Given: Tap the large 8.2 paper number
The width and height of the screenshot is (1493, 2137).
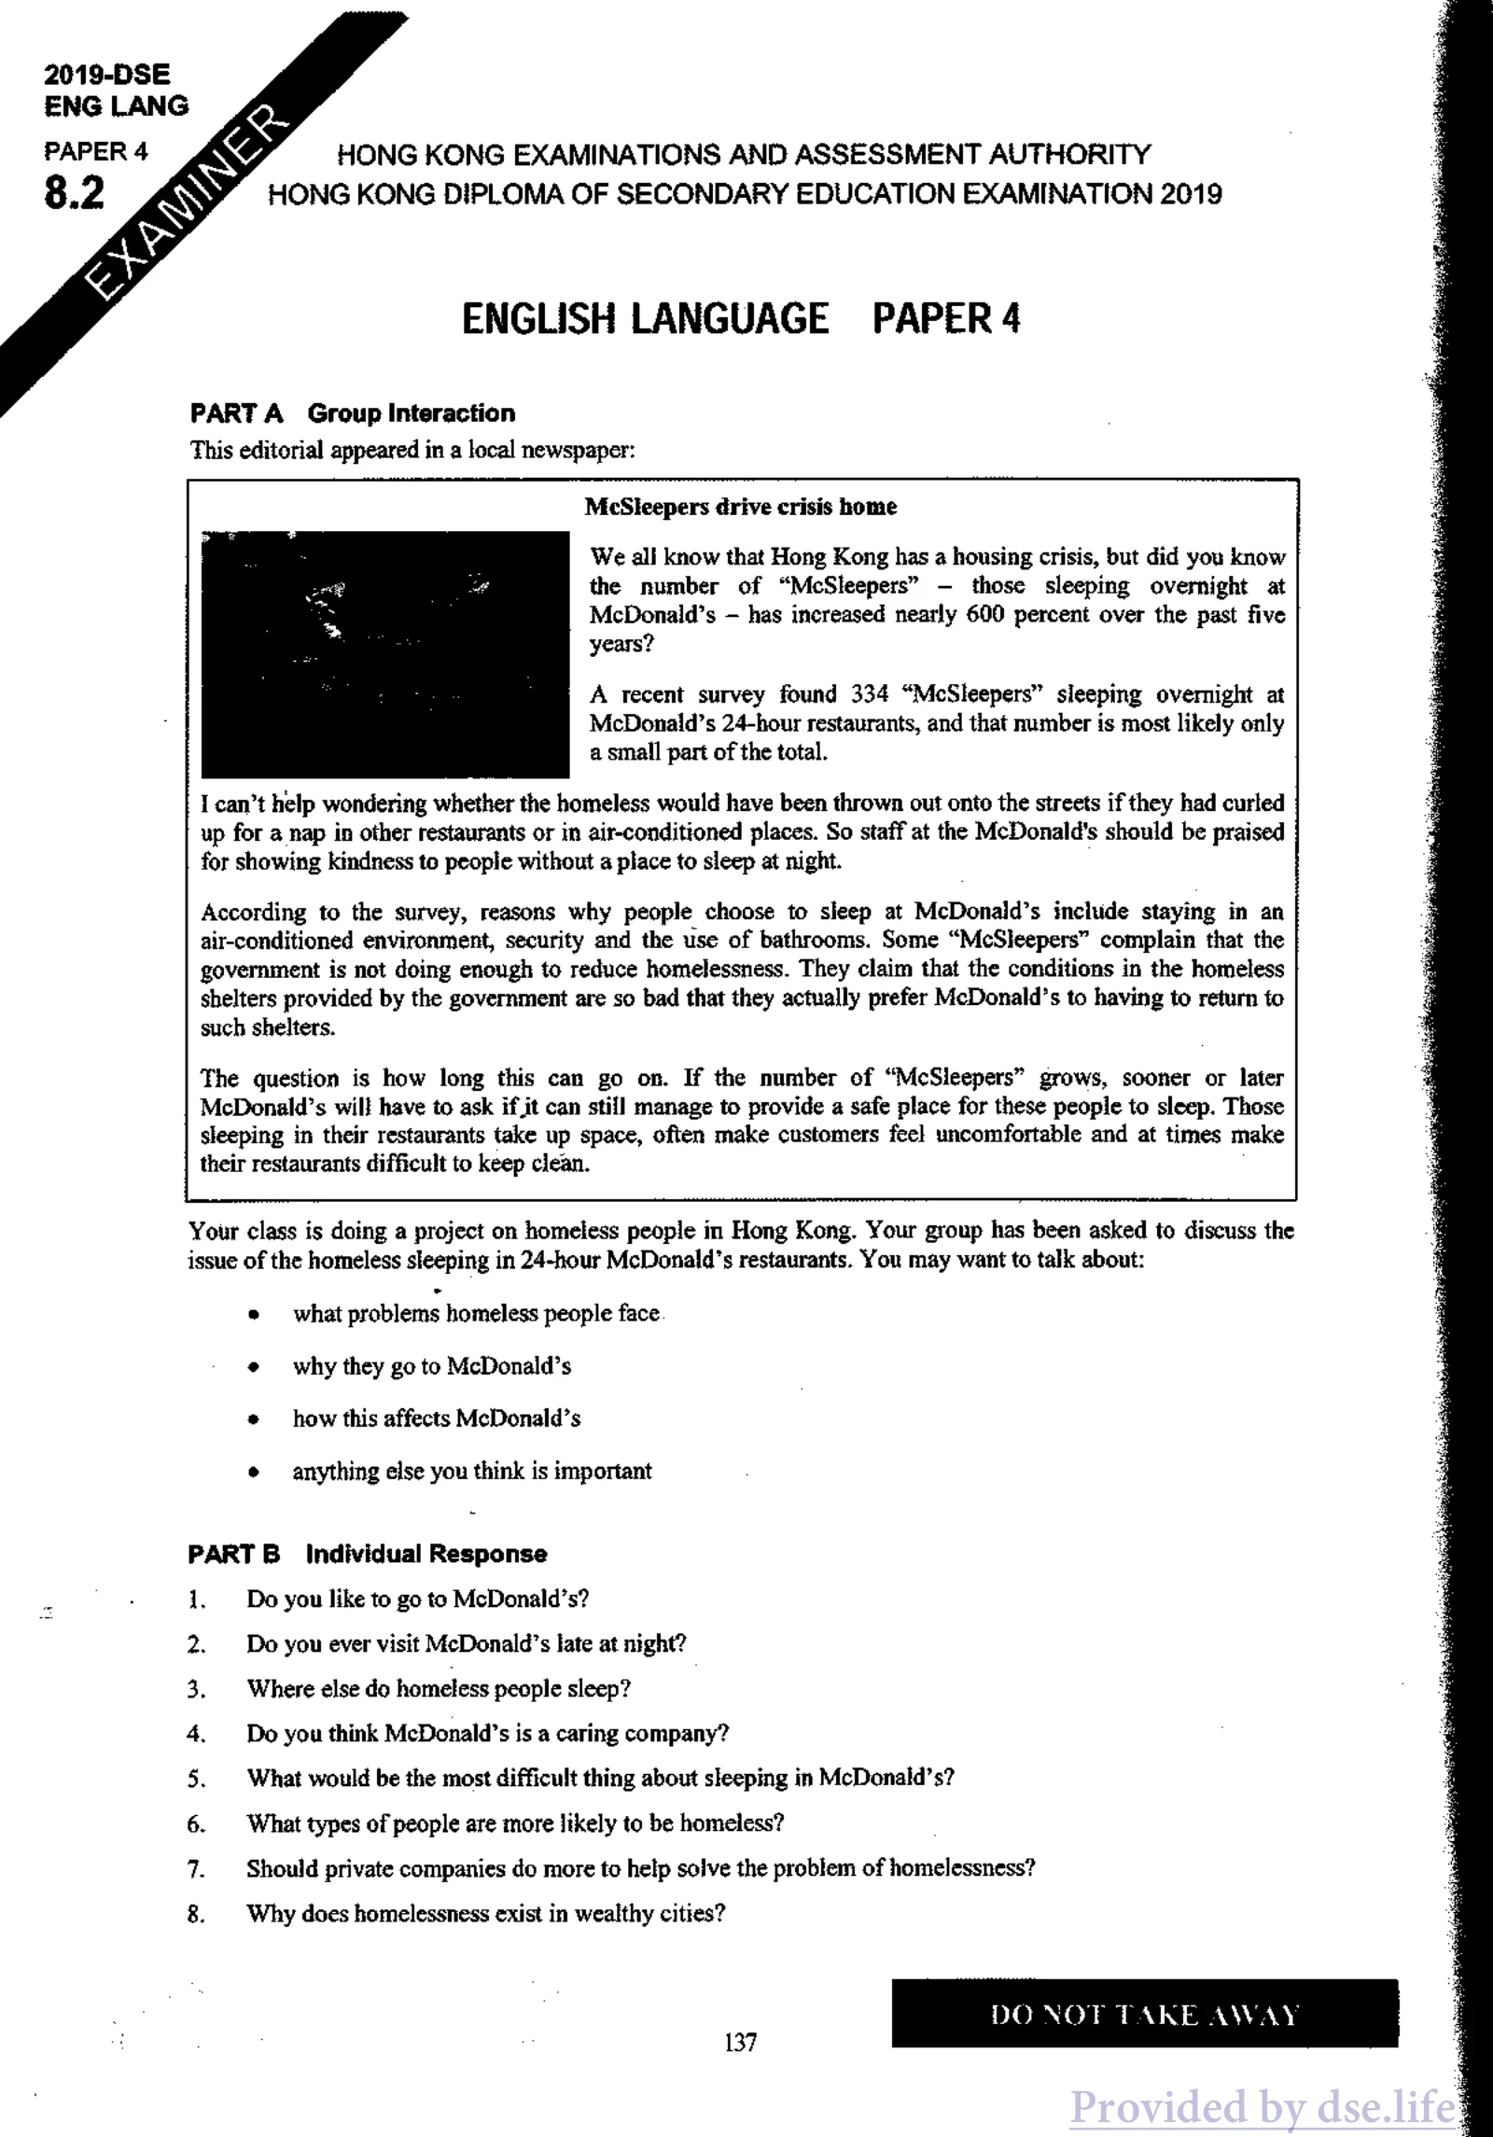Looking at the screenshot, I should (x=75, y=193).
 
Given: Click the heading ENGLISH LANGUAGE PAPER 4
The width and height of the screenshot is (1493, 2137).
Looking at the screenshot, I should (x=741, y=318).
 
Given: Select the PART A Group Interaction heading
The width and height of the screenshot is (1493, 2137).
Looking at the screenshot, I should (x=352, y=413).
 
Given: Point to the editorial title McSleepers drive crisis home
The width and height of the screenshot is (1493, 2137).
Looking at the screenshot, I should (x=740, y=507).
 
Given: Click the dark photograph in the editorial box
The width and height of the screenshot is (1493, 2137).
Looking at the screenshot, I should (x=385, y=654).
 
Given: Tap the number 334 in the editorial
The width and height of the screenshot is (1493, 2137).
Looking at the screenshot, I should (x=870, y=694).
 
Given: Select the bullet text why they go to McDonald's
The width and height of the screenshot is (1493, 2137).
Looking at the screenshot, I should (x=431, y=1366).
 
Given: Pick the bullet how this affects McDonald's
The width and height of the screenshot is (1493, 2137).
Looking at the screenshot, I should (x=436, y=1418).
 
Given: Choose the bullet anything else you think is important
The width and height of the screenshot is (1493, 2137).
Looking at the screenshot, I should (x=472, y=1472).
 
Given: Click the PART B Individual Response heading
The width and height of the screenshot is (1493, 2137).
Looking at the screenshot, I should (x=367, y=1555).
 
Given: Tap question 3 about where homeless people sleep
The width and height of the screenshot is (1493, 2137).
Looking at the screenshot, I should (x=439, y=1689).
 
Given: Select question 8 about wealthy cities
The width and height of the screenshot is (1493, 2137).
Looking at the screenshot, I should (x=485, y=1913).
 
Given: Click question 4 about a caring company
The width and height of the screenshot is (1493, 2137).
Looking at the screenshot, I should (x=487, y=1734).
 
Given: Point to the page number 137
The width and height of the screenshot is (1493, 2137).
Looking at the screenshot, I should (x=740, y=2043).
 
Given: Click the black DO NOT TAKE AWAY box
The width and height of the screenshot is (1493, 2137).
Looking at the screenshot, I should (x=1144, y=2013).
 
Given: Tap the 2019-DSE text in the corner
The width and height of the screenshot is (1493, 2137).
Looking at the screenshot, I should (x=107, y=76).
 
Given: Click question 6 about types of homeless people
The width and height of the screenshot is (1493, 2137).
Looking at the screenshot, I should (x=515, y=1823).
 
